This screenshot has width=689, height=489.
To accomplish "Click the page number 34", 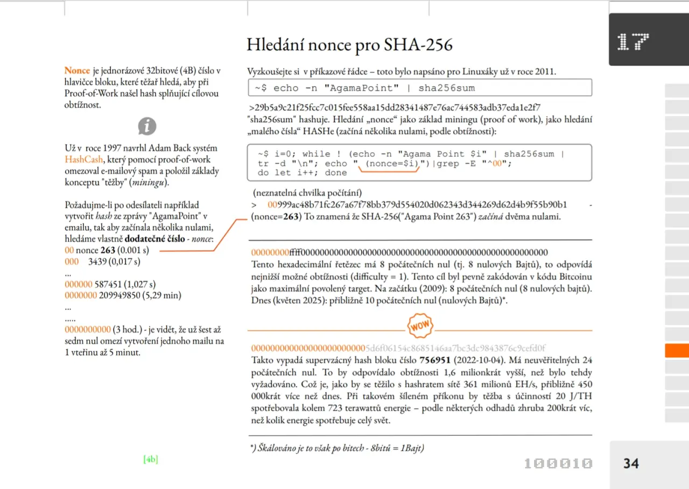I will pyautogui.click(x=631, y=463).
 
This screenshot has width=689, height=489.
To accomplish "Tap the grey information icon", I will pyautogui.click(x=147, y=126).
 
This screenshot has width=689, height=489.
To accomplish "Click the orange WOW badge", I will pyautogui.click(x=420, y=326).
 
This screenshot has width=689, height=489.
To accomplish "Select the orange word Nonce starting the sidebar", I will pyautogui.click(x=77, y=70).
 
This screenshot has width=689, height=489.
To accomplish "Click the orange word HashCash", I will pyautogui.click(x=84, y=159).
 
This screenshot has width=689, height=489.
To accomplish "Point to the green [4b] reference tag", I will pyautogui.click(x=151, y=459).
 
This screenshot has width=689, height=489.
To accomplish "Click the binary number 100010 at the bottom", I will pyautogui.click(x=558, y=463).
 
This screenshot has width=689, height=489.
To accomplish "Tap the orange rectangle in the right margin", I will pyautogui.click(x=677, y=351).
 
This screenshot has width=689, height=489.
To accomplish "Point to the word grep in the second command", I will pyautogui.click(x=447, y=164).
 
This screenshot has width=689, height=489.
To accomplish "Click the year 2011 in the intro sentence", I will pyautogui.click(x=545, y=72).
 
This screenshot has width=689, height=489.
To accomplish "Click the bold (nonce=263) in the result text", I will pyautogui.click(x=277, y=217).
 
